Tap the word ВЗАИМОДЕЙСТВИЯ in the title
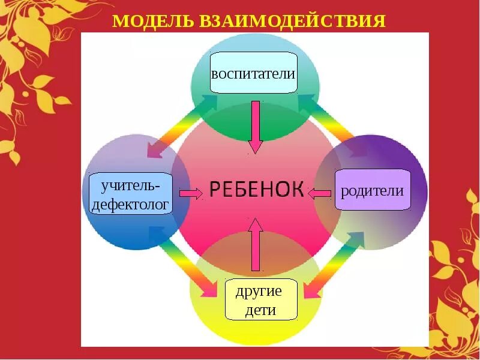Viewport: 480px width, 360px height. pyautogui.click(x=289, y=22)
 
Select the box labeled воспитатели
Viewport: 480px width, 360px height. pyautogui.click(x=254, y=73)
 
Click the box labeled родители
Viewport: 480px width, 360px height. pyautogui.click(x=373, y=190)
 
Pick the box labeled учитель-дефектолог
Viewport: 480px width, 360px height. pyautogui.click(x=130, y=194)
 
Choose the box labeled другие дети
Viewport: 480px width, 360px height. pyautogui.click(x=261, y=299)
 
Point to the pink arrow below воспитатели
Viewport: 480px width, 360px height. pyautogui.click(x=256, y=127)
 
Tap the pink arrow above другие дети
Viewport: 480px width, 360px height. pyautogui.click(x=256, y=244)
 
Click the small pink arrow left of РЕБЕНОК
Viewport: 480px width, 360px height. pyautogui.click(x=191, y=193)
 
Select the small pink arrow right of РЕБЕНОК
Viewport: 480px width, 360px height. pyautogui.click(x=320, y=193)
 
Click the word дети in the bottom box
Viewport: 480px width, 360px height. pyautogui.click(x=261, y=310)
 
